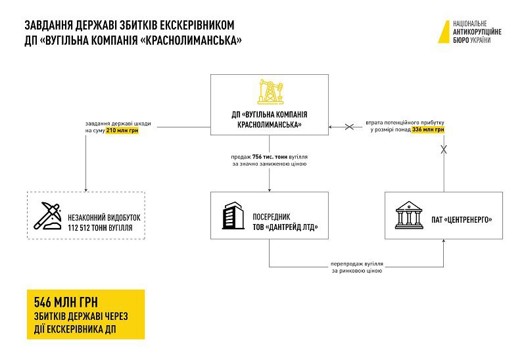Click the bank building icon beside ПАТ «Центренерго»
point(409,215)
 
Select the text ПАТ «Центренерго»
point(463,219)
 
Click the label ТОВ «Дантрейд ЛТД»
point(285,228)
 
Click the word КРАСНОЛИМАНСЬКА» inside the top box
point(269,124)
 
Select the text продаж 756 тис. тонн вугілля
point(269,157)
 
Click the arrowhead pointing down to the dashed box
point(85,188)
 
